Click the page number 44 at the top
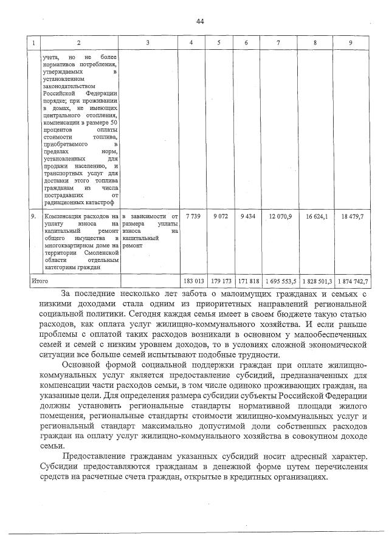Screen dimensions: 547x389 pos(199,22)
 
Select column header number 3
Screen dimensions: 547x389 pos(148,43)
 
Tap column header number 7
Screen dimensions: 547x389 pos(278,43)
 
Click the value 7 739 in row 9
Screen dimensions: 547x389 pos(192,216)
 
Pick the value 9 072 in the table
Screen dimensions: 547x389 pos(219,216)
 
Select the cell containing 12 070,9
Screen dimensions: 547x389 pos(280,216)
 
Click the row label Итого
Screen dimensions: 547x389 pos(40,281)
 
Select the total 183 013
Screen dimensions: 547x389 pos(192,281)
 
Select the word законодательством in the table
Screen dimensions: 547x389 pos(68,86)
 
